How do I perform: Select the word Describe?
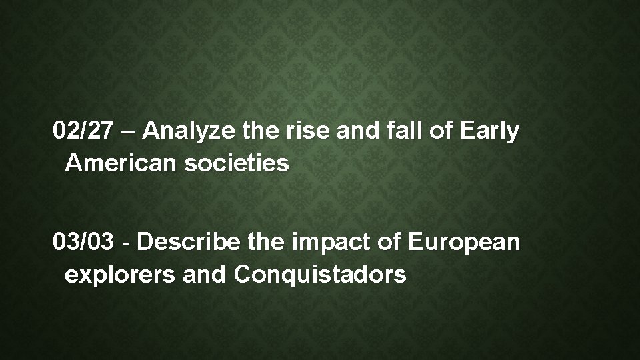[184, 243]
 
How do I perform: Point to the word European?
[464, 243]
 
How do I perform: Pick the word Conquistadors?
[319, 274]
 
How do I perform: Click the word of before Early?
[436, 132]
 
